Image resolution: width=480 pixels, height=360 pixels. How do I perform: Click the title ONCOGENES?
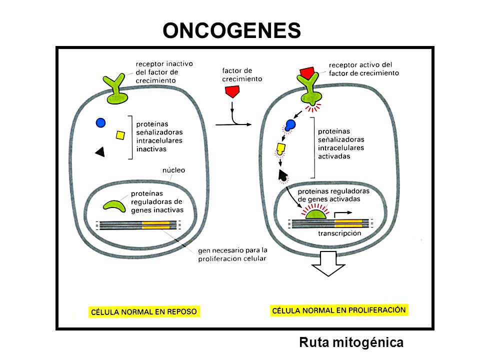pyautogui.click(x=231, y=30)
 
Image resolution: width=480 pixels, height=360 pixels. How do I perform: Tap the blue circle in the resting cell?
pyautogui.click(x=100, y=123)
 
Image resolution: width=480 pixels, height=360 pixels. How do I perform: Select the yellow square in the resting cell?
pyautogui.click(x=120, y=135)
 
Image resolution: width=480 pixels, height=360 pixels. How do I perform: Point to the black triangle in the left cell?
pyautogui.click(x=100, y=152)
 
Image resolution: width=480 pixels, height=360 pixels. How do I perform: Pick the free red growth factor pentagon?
pyautogui.click(x=232, y=91)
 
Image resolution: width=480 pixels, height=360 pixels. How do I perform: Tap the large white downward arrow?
pyautogui.click(x=328, y=263)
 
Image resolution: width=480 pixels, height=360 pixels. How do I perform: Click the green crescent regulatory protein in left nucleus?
pyautogui.click(x=114, y=205)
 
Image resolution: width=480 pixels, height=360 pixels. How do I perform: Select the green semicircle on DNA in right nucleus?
pyautogui.click(x=316, y=214)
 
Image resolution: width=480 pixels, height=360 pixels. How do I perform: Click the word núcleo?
pyautogui.click(x=173, y=170)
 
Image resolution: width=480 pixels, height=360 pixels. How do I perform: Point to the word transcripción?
pyautogui.click(x=339, y=233)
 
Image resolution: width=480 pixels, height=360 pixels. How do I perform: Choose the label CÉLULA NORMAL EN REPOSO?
pyautogui.click(x=144, y=312)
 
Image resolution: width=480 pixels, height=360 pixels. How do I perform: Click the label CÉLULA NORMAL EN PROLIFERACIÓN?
pyautogui.click(x=339, y=310)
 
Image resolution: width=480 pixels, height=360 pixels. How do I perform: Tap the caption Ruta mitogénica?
pyautogui.click(x=351, y=342)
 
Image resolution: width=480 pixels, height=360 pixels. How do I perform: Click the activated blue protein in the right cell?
pyautogui.click(x=290, y=125)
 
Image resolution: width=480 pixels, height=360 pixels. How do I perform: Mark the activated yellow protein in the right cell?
pyautogui.click(x=280, y=149)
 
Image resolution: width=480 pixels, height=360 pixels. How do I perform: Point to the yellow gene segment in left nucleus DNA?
pyautogui.click(x=156, y=225)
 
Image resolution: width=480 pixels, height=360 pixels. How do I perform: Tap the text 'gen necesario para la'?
pyautogui.click(x=232, y=250)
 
